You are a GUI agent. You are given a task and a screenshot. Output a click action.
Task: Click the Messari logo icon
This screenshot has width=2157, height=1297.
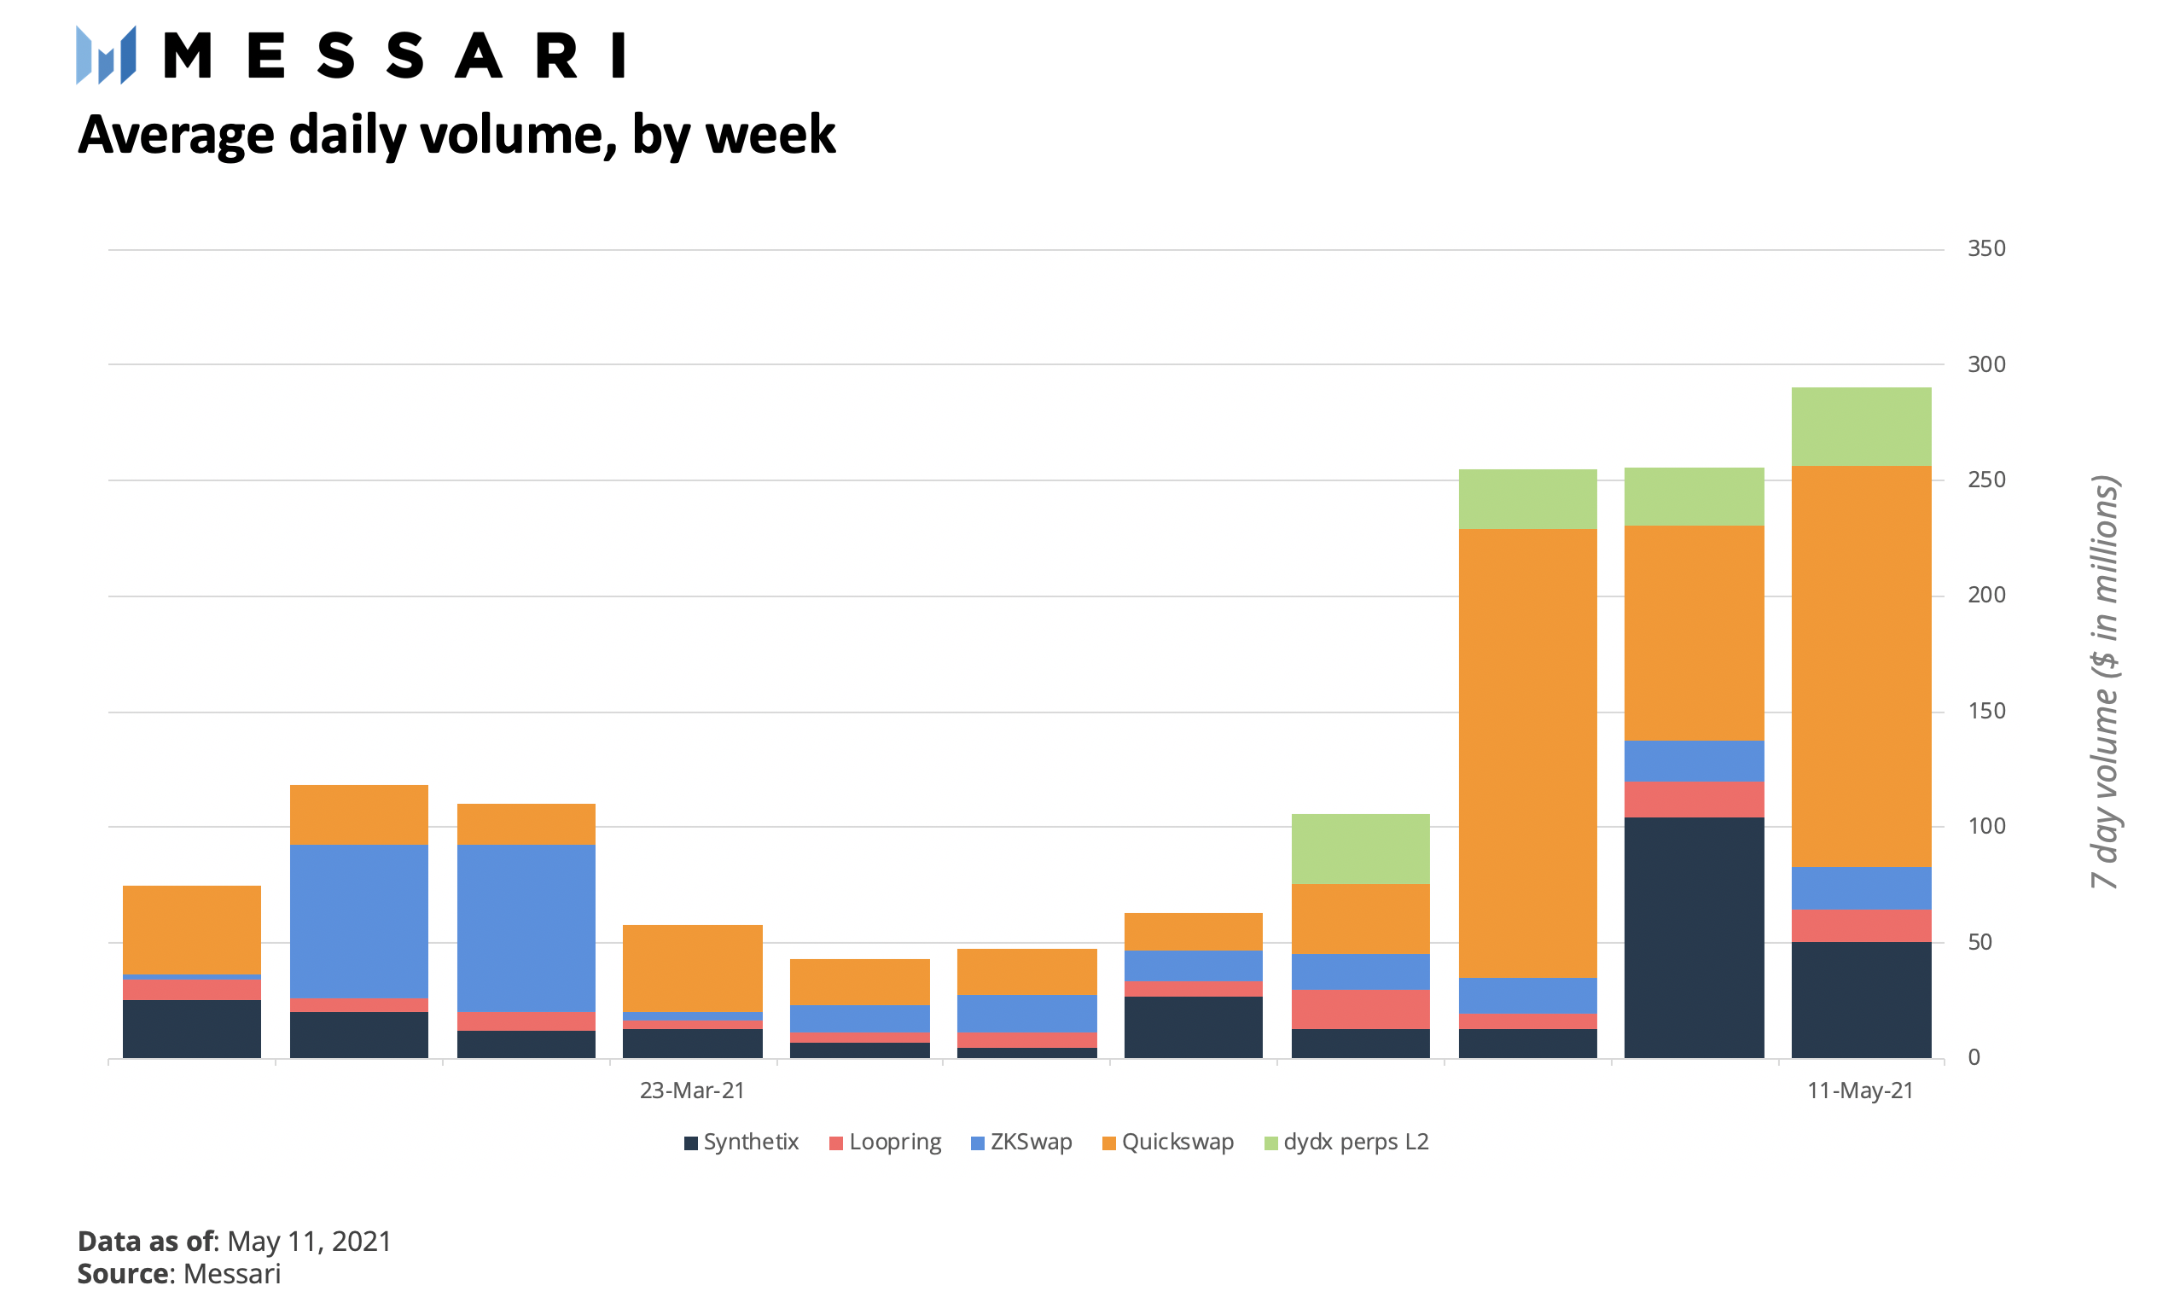[106, 55]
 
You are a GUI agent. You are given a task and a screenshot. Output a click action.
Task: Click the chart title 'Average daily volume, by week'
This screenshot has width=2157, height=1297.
[456, 136]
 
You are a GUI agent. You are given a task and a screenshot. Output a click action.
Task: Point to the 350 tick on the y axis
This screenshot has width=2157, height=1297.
[1985, 249]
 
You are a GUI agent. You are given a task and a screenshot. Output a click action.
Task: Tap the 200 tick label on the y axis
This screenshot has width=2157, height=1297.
[1985, 596]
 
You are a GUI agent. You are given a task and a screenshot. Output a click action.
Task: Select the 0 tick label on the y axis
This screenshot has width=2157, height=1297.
[1974, 1057]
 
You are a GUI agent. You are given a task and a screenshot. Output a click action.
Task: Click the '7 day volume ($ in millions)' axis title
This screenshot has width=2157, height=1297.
[2105, 682]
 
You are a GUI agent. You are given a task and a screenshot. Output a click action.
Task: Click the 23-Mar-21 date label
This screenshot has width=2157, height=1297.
[691, 1091]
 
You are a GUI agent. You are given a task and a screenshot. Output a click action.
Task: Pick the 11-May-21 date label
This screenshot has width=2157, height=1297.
[1860, 1091]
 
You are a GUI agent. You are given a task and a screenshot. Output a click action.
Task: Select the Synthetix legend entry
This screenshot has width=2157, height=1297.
[741, 1143]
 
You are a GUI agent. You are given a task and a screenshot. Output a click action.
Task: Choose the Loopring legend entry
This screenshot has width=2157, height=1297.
[886, 1143]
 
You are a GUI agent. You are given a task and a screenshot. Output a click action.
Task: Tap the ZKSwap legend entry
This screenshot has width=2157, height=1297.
[1020, 1143]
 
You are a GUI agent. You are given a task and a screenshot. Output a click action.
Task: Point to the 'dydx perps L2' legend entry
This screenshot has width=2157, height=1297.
[1346, 1143]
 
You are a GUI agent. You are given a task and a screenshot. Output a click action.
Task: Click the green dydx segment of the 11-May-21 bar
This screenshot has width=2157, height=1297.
[1861, 427]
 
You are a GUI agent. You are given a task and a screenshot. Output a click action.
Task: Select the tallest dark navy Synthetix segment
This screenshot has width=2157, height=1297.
[1694, 937]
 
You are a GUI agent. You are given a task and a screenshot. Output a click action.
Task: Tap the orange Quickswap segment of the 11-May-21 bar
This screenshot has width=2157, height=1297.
[1861, 666]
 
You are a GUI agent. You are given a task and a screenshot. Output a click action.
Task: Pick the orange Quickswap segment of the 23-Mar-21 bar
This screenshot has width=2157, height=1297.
[692, 968]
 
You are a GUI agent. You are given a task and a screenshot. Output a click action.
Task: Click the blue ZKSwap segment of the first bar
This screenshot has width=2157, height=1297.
[191, 977]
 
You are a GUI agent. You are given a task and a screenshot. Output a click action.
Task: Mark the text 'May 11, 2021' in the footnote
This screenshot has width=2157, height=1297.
[310, 1241]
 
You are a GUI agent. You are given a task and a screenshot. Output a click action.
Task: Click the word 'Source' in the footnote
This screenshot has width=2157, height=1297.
[123, 1273]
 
